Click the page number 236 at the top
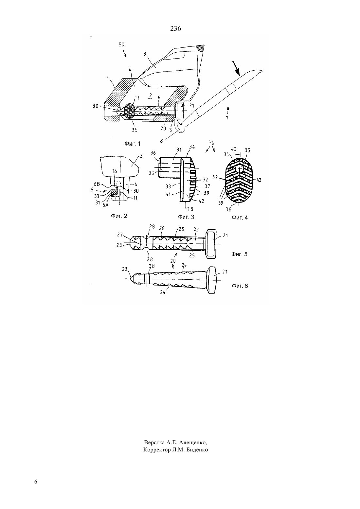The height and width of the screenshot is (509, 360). (x=175, y=29)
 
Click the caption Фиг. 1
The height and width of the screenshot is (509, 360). (x=133, y=144)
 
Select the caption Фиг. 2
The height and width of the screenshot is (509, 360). (x=119, y=216)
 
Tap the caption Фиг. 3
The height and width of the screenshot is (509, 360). (x=186, y=217)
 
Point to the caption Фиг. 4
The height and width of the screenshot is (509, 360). (x=240, y=218)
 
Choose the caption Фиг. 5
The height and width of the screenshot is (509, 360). (x=239, y=254)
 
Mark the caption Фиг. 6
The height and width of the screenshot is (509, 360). (x=240, y=286)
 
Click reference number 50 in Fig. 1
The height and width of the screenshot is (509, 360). (x=122, y=44)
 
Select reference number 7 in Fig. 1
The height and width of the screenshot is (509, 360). (x=227, y=118)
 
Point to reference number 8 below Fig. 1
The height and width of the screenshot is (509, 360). (x=161, y=141)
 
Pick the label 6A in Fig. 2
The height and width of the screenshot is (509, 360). (x=105, y=205)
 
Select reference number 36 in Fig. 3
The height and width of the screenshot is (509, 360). (x=153, y=153)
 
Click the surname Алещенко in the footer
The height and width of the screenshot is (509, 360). (x=193, y=442)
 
